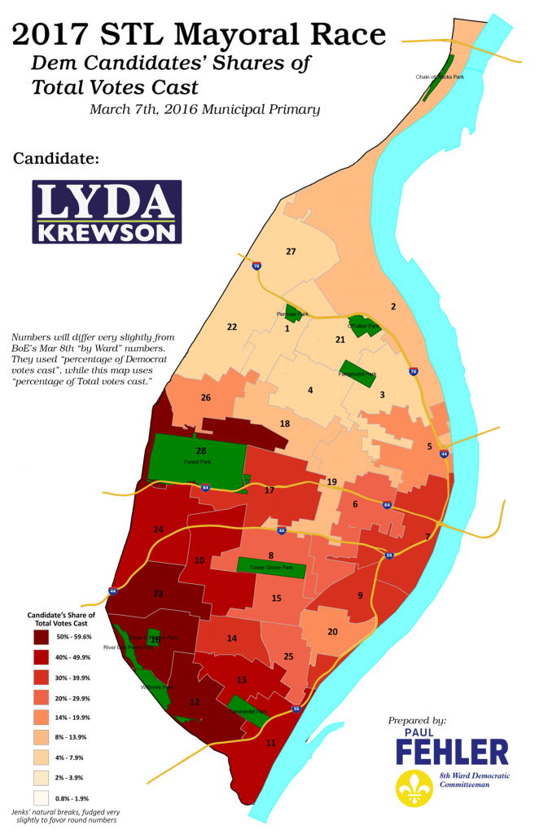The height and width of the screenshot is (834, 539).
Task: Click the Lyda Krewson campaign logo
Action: coord(107,212)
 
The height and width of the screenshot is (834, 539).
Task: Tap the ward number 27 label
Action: coord(291,252)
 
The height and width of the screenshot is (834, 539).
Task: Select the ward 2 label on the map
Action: coord(393,306)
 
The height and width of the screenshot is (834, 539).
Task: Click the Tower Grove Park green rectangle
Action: coord(270,568)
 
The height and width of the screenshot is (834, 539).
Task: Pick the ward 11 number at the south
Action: coord(271,742)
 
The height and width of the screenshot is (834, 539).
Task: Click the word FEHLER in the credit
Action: coord(452,753)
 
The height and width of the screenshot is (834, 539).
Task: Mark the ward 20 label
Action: coord(332,632)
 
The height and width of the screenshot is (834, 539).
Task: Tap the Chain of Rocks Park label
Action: coord(440,77)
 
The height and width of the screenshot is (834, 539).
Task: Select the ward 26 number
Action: coord(206,397)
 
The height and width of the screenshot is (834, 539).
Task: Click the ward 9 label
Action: coord(360,595)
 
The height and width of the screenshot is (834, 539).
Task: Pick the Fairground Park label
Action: coord(358,375)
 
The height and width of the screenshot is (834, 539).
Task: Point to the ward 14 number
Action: coord(232,639)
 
